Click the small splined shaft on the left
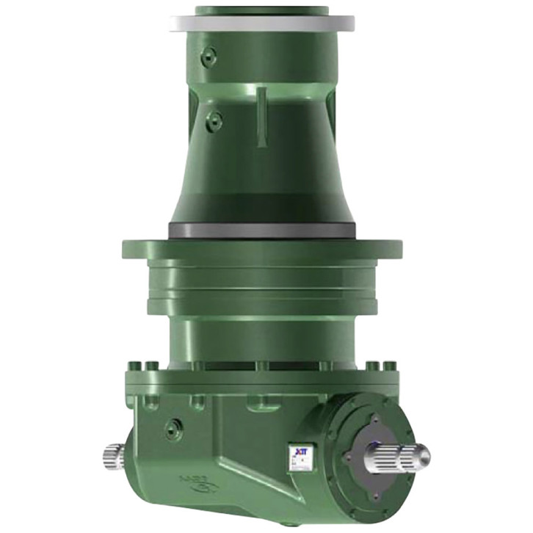(x=115, y=457)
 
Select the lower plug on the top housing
(x=214, y=121)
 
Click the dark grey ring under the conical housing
(x=262, y=230)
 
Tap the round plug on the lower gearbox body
(x=174, y=428)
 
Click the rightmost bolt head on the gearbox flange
(x=390, y=366)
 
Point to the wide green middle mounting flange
(x=262, y=249)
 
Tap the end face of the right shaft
(x=424, y=457)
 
